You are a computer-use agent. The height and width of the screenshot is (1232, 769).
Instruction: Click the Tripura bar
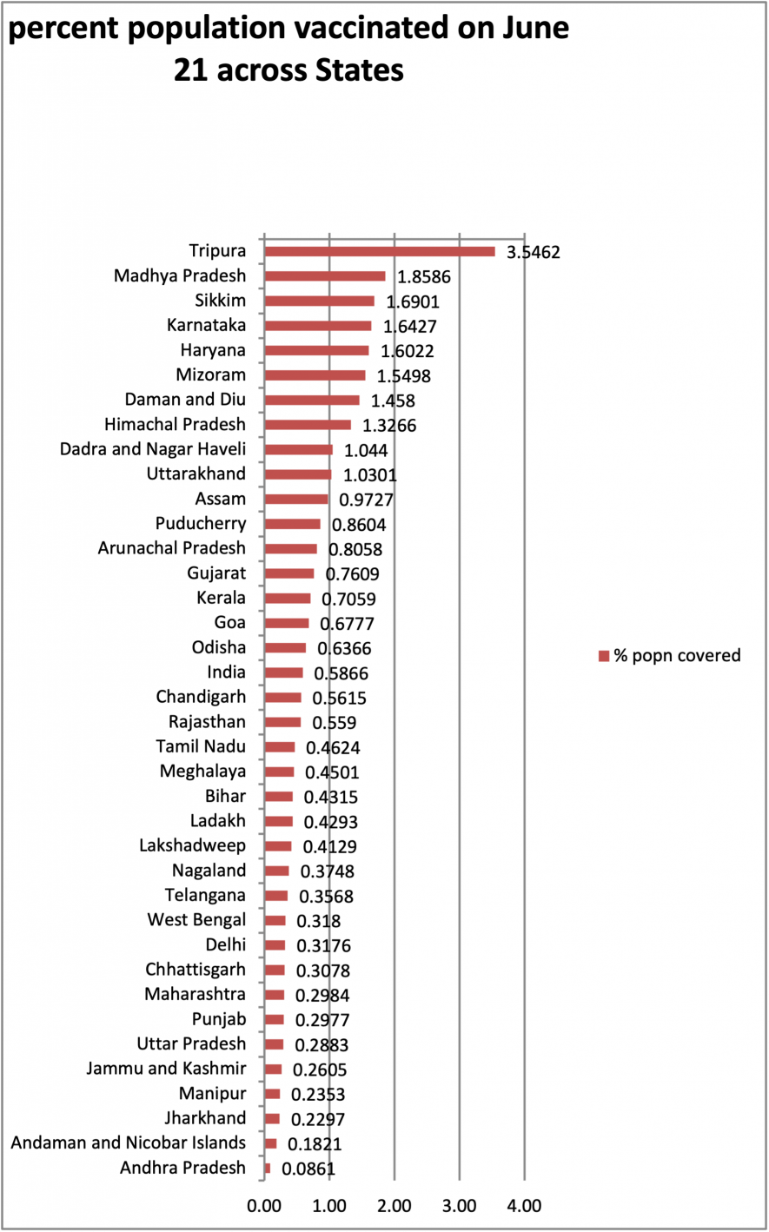pyautogui.click(x=380, y=252)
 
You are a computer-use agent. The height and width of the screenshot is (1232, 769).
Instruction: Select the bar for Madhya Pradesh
pyautogui.click(x=325, y=276)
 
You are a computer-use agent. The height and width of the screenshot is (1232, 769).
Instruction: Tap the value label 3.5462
pyautogui.click(x=534, y=254)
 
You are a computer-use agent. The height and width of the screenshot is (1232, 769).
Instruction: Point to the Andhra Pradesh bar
pyautogui.click(x=268, y=1168)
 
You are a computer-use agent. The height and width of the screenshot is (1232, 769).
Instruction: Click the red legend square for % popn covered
pyautogui.click(x=604, y=656)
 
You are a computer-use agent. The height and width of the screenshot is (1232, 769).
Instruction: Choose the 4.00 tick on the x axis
pyautogui.click(x=524, y=1206)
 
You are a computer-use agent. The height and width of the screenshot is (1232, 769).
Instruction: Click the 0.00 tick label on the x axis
pyautogui.click(x=264, y=1206)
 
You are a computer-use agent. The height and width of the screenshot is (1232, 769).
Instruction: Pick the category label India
pyautogui.click(x=226, y=672)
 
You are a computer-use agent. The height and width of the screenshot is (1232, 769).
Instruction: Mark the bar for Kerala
pyautogui.click(x=288, y=599)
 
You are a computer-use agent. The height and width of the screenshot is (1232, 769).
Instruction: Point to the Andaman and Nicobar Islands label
pyautogui.click(x=128, y=1143)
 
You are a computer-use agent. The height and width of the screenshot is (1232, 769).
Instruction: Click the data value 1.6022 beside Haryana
pyautogui.click(x=404, y=352)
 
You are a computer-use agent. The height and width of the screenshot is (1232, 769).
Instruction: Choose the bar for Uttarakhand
pyautogui.click(x=298, y=474)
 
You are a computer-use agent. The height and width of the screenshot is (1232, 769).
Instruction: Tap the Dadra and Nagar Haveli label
pyautogui.click(x=153, y=449)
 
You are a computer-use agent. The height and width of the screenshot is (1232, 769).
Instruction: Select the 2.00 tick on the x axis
pyautogui.click(x=394, y=1206)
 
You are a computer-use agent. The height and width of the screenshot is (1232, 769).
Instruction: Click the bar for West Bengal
pyautogui.click(x=275, y=920)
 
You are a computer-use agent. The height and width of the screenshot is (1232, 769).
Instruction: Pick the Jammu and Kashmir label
pyautogui.click(x=166, y=1069)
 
